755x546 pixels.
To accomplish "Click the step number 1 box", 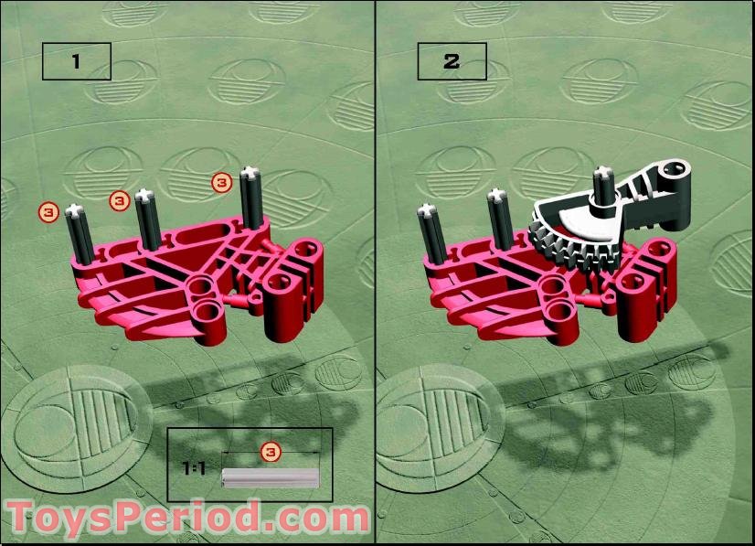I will click(x=76, y=61).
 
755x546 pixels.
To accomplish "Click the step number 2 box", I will click(x=452, y=61).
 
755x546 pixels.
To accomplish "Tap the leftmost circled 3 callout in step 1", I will click(x=49, y=212).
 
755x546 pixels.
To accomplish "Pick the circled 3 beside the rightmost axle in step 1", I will click(x=222, y=182).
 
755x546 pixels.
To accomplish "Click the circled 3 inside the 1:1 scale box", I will click(x=270, y=451).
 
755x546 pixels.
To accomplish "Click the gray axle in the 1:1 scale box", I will click(x=271, y=477).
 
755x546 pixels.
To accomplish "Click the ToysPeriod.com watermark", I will click(x=187, y=518).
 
